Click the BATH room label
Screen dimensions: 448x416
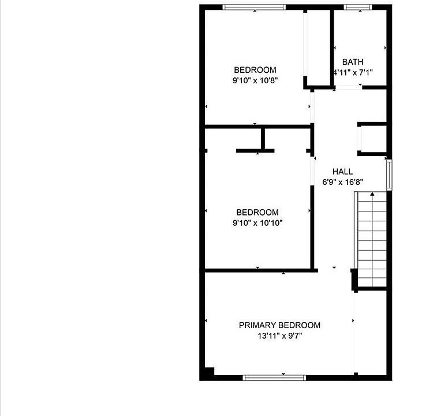[x=353, y=62]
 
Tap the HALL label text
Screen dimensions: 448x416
[x=342, y=172]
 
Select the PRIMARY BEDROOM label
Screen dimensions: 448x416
[x=279, y=325]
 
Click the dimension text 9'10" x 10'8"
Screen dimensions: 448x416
[x=255, y=80]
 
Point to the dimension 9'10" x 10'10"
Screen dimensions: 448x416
[x=257, y=222]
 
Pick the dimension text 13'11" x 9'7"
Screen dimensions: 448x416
[x=280, y=336]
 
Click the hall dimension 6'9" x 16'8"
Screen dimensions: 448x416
[x=342, y=182]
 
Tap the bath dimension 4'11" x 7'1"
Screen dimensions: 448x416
[x=353, y=73]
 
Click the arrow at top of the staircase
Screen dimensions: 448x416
[x=372, y=194]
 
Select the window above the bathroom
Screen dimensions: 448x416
[x=358, y=7]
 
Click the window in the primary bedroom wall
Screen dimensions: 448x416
[x=274, y=378]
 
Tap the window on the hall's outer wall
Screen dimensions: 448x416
[x=389, y=174]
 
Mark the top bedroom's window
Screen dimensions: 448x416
[x=254, y=7]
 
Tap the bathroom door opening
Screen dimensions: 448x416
[x=348, y=87]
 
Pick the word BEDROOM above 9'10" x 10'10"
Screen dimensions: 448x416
[x=257, y=212]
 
